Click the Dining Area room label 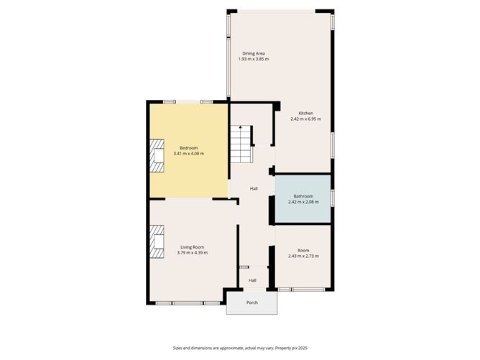tap(254, 53)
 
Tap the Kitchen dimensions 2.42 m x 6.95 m tap(306, 119)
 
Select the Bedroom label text tap(188, 148)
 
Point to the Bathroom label tap(303, 196)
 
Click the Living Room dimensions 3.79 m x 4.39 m tap(193, 252)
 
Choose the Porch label tap(252, 303)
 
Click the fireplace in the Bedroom tap(157, 155)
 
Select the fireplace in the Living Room tap(157, 241)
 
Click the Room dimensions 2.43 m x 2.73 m tap(303, 256)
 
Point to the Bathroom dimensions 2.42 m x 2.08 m tap(303, 202)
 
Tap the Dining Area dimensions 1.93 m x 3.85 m tap(254, 59)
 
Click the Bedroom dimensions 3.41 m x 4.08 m tap(188, 153)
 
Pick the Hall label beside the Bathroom tap(254, 188)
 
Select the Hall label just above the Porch tap(252, 280)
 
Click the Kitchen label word tap(306, 114)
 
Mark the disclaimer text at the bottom tap(240, 348)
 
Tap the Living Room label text tap(193, 247)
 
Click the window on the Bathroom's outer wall tap(333, 198)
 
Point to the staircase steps tap(241, 144)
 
